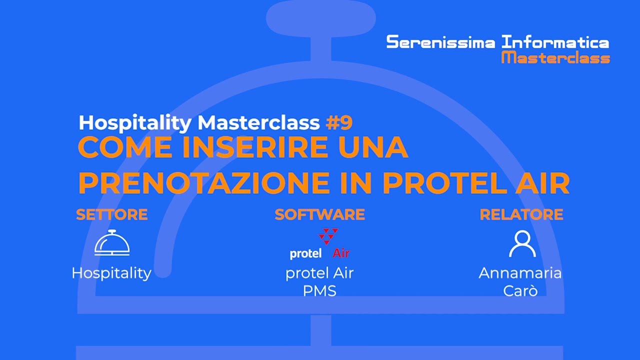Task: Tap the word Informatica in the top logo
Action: (x=555, y=42)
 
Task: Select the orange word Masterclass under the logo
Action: (x=555, y=58)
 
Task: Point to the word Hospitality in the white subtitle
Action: (x=135, y=122)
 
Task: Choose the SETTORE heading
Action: (x=111, y=214)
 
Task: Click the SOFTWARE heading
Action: (x=319, y=214)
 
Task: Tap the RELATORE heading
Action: (x=521, y=214)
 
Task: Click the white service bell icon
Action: (x=112, y=243)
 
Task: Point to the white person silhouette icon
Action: (x=522, y=243)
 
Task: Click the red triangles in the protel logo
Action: (x=328, y=236)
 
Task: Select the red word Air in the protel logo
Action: (x=341, y=253)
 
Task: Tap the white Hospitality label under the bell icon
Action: (x=111, y=273)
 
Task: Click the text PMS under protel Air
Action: (x=319, y=290)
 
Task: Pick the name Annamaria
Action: (x=520, y=273)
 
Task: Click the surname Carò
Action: (x=520, y=290)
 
